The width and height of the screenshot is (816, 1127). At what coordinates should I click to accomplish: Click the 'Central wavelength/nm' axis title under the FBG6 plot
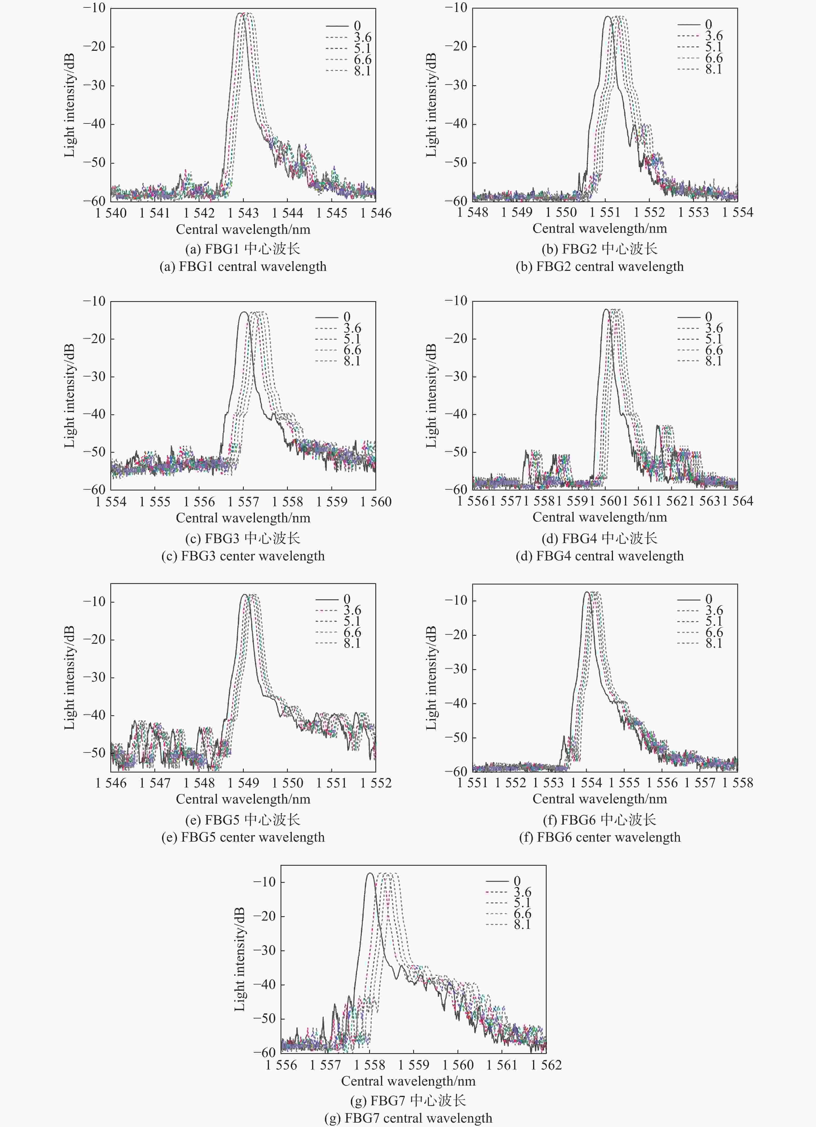pyautogui.click(x=599, y=799)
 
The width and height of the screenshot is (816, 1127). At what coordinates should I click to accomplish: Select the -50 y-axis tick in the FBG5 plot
pyautogui.click(x=94, y=753)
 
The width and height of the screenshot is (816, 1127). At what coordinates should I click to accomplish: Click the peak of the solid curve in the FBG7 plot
pyautogui.click(x=370, y=873)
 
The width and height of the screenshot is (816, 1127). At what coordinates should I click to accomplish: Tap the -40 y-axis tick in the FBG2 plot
pyautogui.click(x=456, y=124)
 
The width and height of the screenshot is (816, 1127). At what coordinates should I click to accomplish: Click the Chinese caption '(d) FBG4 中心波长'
pyautogui.click(x=599, y=538)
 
